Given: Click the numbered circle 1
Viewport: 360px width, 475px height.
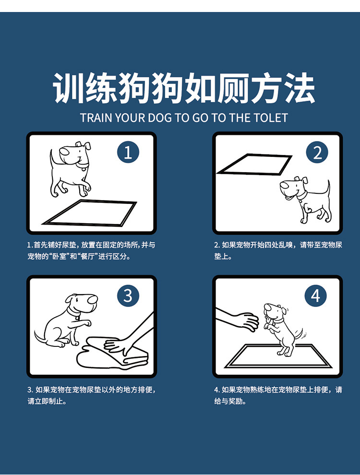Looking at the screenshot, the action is point(128,152).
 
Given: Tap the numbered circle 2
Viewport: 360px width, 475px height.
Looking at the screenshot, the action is point(317,152).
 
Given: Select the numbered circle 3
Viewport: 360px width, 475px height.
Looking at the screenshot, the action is point(128,296).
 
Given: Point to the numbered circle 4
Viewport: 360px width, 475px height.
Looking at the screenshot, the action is point(315,296).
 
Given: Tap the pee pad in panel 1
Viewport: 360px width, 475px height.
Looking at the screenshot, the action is point(89,213).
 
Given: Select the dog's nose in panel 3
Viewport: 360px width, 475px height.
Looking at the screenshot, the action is point(93,300).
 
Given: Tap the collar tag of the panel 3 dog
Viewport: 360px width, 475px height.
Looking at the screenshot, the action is point(78,318).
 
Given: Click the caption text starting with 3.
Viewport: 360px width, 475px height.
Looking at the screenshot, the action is point(92,395).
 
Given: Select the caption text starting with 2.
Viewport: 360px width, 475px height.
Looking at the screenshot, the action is point(278,250).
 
